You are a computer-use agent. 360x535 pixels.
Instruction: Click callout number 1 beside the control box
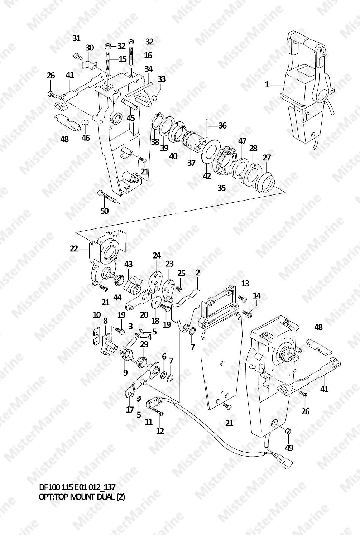(x=267, y=85)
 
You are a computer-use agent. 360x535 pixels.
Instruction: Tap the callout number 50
(x=105, y=211)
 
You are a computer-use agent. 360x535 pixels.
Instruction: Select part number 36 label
(x=222, y=126)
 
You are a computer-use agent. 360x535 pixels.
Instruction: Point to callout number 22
(x=74, y=249)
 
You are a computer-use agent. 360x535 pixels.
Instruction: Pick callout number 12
(x=160, y=431)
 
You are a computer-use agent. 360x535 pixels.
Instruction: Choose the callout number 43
(x=129, y=264)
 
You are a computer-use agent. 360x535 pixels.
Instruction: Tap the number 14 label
(x=257, y=296)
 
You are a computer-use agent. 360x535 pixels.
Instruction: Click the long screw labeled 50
(x=106, y=197)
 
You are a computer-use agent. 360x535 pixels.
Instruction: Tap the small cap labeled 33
(x=155, y=98)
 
